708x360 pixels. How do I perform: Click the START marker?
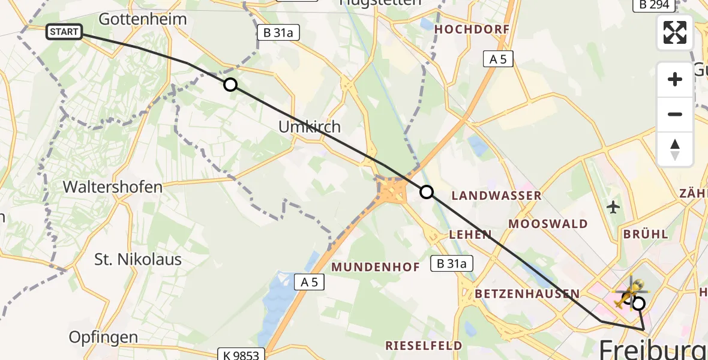pyautogui.click(x=64, y=32)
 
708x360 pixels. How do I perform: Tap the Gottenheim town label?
pyautogui.click(x=143, y=19)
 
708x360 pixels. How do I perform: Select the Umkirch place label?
pyautogui.click(x=310, y=127)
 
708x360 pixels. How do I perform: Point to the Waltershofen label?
pyautogui.click(x=113, y=187)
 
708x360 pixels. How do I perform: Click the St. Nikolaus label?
pyautogui.click(x=138, y=260)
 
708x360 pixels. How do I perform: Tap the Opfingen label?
pyautogui.click(x=104, y=337)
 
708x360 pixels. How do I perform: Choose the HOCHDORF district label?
pyautogui.click(x=472, y=29)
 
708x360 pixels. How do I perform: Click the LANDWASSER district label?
pyautogui.click(x=496, y=196)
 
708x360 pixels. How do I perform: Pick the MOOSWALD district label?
pyautogui.click(x=548, y=224)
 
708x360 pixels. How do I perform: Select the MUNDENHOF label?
pyautogui.click(x=376, y=267)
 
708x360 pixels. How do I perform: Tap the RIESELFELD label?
pyautogui.click(x=424, y=346)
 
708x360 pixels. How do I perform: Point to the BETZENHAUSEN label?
pyautogui.click(x=527, y=293)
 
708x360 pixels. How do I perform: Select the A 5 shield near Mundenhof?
pyautogui.click(x=310, y=282)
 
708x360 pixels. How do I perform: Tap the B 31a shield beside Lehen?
pyautogui.click(x=452, y=263)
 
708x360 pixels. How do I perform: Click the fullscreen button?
pyautogui.click(x=675, y=32)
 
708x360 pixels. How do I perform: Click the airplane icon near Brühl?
pyautogui.click(x=613, y=208)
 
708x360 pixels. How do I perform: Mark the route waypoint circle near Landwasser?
pyautogui.click(x=426, y=192)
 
